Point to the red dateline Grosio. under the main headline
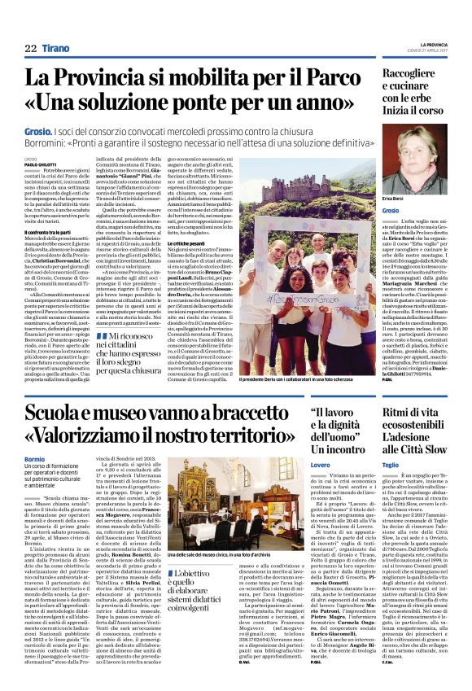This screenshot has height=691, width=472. tap(35, 130)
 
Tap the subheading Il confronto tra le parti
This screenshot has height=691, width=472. tap(50, 234)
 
